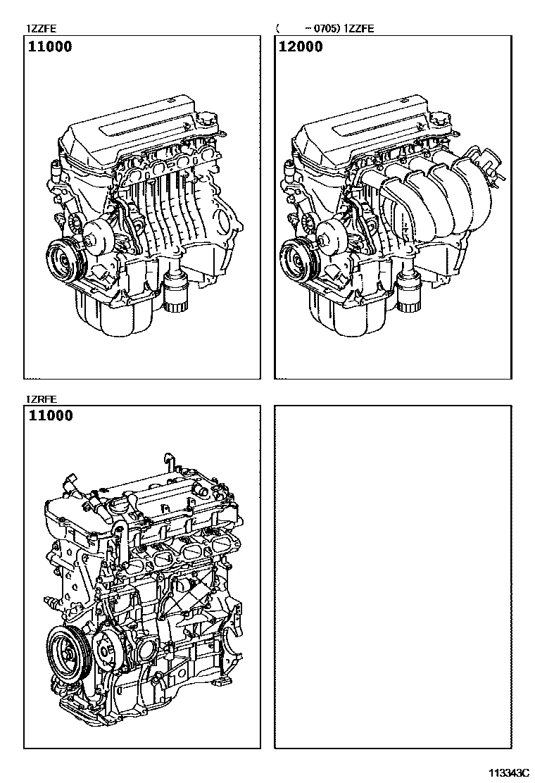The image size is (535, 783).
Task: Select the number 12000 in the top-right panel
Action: point(301,47)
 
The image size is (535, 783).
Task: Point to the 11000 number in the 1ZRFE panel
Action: point(51,415)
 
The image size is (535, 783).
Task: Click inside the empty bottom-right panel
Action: point(391,577)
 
